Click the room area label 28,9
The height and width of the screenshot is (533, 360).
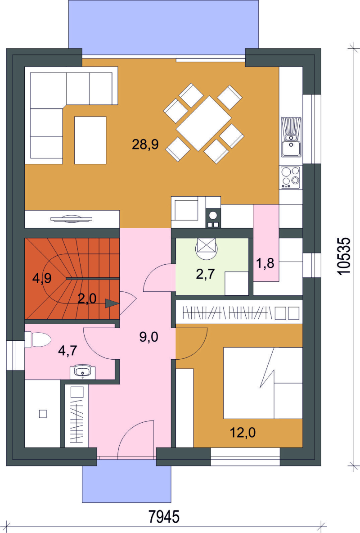click(145, 145)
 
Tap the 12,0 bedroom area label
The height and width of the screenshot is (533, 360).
click(243, 433)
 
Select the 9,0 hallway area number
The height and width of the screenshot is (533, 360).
click(149, 337)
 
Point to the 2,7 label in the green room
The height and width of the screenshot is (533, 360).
click(205, 274)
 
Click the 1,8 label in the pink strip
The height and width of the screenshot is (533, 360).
click(265, 263)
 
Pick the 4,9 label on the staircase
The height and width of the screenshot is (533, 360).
click(42, 278)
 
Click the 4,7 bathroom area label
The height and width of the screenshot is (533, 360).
click(67, 351)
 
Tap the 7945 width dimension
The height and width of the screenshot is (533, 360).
click(164, 517)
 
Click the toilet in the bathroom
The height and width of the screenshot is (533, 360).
click(38, 339)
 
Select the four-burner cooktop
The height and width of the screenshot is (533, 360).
click(290, 177)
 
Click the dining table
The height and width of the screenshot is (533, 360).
click(204, 123)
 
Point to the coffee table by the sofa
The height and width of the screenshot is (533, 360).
click(90, 140)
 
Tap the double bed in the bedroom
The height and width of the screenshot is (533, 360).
click(263, 383)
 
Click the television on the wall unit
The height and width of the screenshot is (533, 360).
click(72, 219)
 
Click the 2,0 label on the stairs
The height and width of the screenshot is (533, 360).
click(87, 299)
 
